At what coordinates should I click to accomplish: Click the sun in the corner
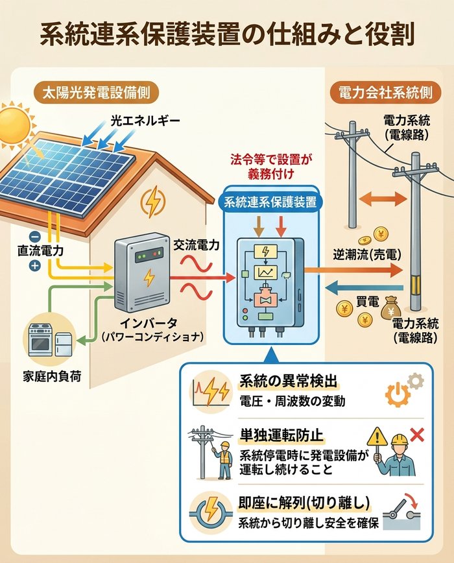[14, 123]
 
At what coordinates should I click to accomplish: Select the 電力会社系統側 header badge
[385, 91]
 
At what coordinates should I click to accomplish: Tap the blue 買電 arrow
[360, 287]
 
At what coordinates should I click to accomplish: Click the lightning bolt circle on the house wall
[154, 203]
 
